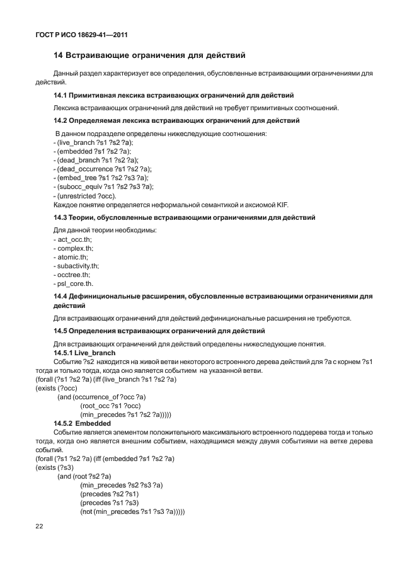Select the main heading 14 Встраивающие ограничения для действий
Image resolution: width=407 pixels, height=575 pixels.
[x=149, y=55]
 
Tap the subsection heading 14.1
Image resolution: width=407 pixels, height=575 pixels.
[x=173, y=96]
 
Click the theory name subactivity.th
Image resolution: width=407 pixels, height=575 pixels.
[x=78, y=266]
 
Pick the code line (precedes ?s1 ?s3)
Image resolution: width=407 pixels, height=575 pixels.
[x=108, y=503]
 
